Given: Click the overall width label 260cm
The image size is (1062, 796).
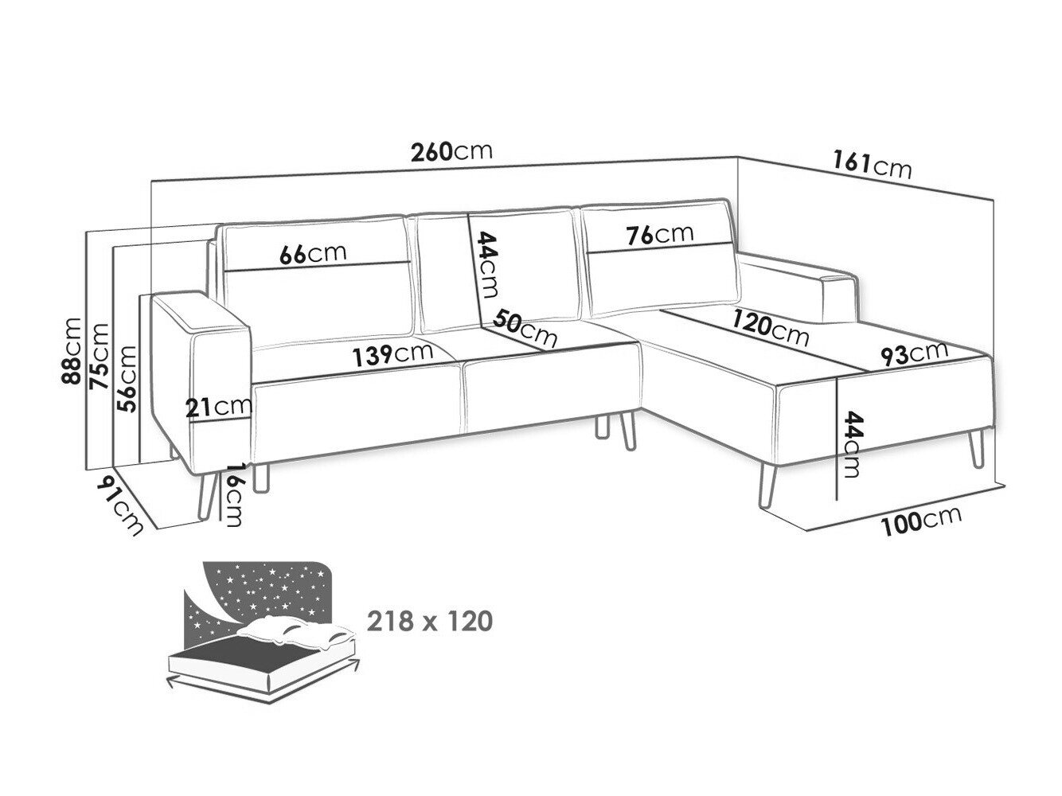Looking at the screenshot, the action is pyautogui.click(x=452, y=151).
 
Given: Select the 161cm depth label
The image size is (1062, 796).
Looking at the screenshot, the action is pyautogui.click(x=872, y=166).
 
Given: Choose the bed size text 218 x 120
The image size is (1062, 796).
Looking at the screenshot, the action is pyautogui.click(x=430, y=622).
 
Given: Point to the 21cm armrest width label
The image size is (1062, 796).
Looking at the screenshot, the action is pyautogui.click(x=219, y=408).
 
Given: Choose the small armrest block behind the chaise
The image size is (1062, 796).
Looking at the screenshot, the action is pyautogui.click(x=839, y=298).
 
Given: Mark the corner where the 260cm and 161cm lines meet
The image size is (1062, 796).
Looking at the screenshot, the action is pyautogui.click(x=737, y=157).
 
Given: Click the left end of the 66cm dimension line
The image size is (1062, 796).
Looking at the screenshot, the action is pyautogui.click(x=225, y=271).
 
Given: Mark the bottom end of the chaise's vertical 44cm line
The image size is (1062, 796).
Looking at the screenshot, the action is pyautogui.click(x=837, y=499).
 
